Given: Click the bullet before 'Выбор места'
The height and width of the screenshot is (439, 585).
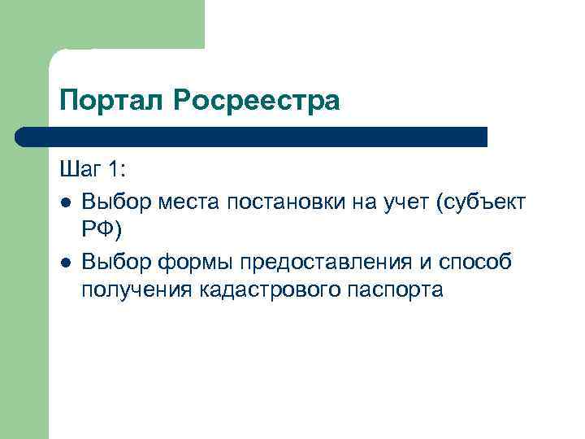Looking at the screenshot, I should click(64, 201).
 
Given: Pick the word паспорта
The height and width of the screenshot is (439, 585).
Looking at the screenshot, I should click(398, 290).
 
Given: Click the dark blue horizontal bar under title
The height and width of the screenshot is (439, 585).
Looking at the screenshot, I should click(252, 136).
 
